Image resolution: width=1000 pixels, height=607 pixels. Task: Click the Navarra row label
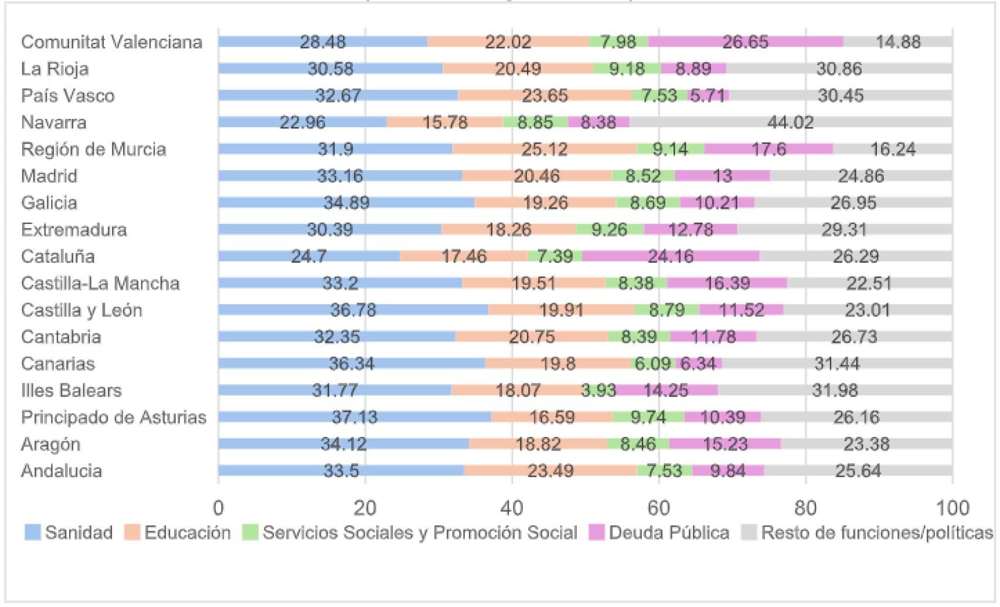click(53, 123)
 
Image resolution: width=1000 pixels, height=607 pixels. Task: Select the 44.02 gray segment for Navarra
click(790, 123)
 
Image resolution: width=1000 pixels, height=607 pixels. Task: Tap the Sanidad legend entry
click(69, 533)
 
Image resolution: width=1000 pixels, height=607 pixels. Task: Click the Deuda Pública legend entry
click(659, 533)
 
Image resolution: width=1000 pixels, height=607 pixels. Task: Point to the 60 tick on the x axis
click(658, 507)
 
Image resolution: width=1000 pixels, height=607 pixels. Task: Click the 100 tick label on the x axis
click(952, 507)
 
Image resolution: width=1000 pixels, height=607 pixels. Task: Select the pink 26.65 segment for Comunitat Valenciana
click(745, 42)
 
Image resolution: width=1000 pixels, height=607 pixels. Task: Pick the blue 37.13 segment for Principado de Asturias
click(354, 417)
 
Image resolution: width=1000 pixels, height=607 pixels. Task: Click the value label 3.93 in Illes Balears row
click(598, 391)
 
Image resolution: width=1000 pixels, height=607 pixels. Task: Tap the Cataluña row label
click(57, 256)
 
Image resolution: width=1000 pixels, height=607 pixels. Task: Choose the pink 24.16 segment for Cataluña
click(671, 256)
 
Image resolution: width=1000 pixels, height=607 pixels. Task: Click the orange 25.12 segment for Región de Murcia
click(545, 149)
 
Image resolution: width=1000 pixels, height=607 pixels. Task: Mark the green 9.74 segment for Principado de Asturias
click(648, 417)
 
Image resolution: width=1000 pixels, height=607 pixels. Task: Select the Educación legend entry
click(178, 533)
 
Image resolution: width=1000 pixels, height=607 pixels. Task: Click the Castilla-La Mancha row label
click(100, 283)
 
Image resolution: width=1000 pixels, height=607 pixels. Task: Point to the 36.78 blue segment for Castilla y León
click(353, 310)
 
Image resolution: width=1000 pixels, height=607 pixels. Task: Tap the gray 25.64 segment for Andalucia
click(858, 470)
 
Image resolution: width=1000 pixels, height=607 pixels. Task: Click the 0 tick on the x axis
click(219, 507)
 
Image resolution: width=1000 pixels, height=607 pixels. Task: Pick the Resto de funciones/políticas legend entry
click(867, 533)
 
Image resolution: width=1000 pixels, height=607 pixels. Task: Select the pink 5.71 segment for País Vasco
click(708, 96)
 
